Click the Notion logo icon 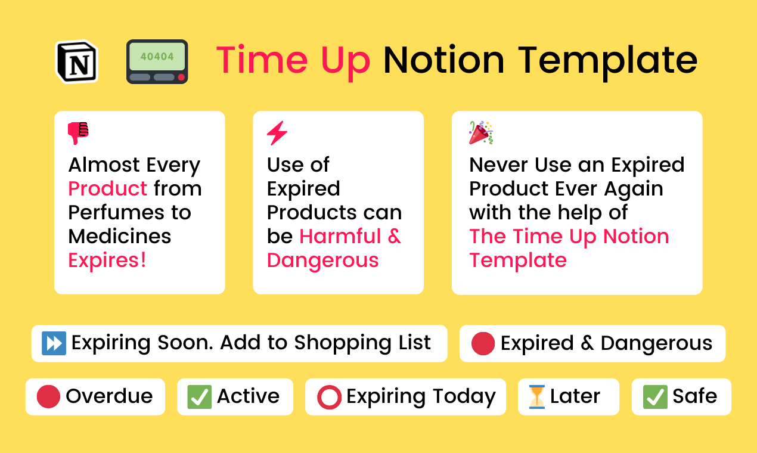pyautogui.click(x=77, y=61)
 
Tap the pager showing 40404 pyautogui.click(x=157, y=61)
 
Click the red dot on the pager pyautogui.click(x=181, y=77)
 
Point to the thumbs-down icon pyautogui.click(x=78, y=133)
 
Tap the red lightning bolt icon pyautogui.click(x=277, y=133)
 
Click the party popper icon pyautogui.click(x=481, y=132)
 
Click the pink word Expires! pyautogui.click(x=107, y=260)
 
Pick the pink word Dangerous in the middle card pyautogui.click(x=322, y=260)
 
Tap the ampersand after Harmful pyautogui.click(x=394, y=236)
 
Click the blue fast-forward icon pyautogui.click(x=54, y=343)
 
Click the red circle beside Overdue pyautogui.click(x=48, y=396)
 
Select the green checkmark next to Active pyautogui.click(x=199, y=396)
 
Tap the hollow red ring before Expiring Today pyautogui.click(x=329, y=397)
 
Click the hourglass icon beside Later pyautogui.click(x=536, y=397)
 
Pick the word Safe pyautogui.click(x=694, y=396)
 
